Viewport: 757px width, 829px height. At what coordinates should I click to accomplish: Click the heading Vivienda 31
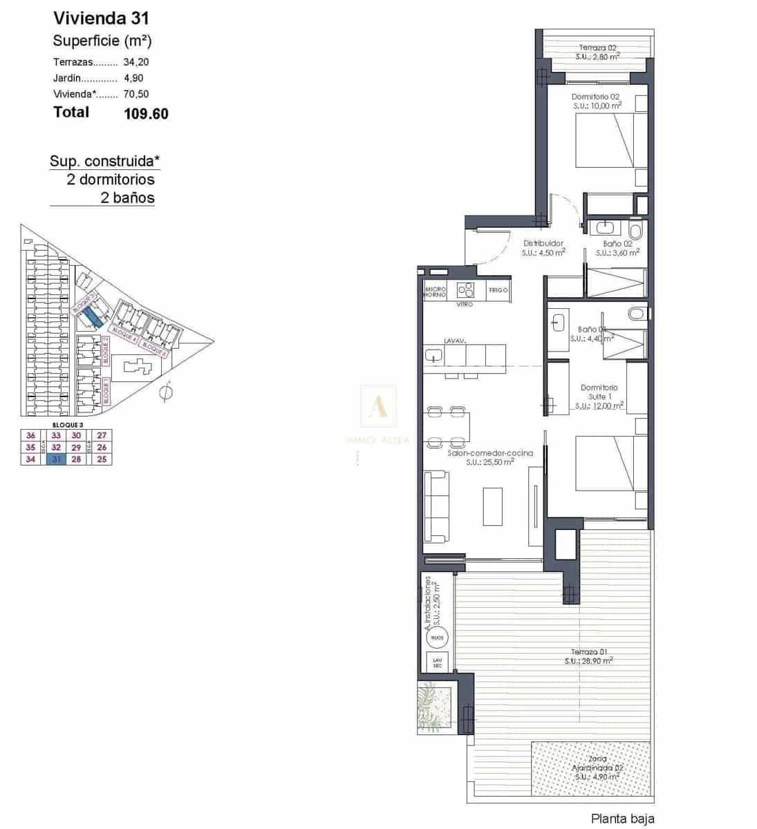(101, 18)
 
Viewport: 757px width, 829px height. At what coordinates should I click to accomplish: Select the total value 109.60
(146, 114)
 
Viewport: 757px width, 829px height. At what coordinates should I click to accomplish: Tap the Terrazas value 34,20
(136, 61)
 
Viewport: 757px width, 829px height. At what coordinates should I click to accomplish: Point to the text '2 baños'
(127, 198)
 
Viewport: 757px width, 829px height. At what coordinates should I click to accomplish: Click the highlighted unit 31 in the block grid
(57, 459)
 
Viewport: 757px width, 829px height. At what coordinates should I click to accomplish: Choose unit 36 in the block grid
(30, 435)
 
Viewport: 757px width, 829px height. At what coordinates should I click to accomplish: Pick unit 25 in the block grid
(102, 459)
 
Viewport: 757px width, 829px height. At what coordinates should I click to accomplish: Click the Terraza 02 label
(597, 48)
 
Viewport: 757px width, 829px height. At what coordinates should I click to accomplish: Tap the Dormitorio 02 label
(595, 97)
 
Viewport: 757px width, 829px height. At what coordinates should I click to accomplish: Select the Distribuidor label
(543, 243)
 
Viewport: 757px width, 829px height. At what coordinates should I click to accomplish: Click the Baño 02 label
(617, 244)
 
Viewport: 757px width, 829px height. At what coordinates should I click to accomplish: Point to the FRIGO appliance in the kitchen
(498, 290)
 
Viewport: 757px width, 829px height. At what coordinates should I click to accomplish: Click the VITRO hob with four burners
(465, 290)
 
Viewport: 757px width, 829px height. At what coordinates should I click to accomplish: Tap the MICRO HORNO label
(435, 292)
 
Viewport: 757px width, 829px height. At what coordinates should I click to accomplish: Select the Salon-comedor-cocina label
(489, 453)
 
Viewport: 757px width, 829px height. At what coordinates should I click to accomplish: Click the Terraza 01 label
(588, 652)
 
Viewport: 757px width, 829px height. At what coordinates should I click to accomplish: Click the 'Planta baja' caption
(622, 819)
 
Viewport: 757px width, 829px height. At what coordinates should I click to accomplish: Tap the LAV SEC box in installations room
(437, 662)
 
